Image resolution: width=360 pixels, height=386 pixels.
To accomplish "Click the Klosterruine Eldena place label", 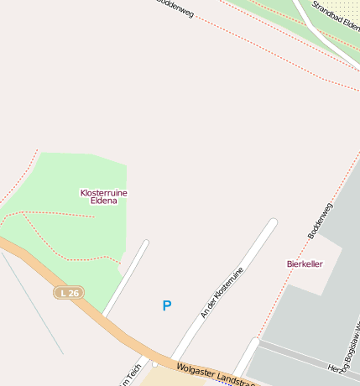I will (x=103, y=196).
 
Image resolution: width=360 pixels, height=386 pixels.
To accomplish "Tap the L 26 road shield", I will (x=70, y=293).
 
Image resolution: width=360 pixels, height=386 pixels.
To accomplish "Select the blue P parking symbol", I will (x=166, y=306).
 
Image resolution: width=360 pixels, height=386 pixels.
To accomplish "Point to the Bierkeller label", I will (x=305, y=263).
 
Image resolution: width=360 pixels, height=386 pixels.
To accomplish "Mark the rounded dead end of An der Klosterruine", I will (x=272, y=222).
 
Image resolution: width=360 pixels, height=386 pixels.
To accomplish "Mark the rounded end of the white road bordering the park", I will (x=145, y=243).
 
